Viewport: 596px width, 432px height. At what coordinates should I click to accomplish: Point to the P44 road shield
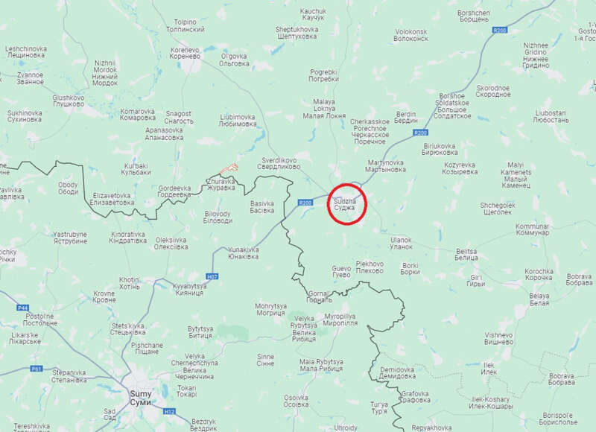click(x=22, y=307)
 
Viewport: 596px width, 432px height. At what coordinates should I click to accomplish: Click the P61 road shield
click(x=37, y=368)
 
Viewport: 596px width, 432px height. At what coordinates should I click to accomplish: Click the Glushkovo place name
click(x=68, y=101)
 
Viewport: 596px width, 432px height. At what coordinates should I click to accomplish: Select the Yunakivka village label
click(x=243, y=252)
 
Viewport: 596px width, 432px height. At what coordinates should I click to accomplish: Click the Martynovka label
click(x=385, y=165)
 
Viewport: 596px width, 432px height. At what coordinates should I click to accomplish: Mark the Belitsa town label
click(x=466, y=255)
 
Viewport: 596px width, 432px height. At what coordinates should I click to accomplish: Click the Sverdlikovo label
click(x=279, y=164)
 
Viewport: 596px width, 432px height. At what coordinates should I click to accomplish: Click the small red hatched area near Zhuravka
click(x=232, y=169)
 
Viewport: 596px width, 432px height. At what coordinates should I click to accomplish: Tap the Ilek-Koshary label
click(x=491, y=402)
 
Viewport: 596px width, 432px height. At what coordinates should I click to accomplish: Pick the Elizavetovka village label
click(x=112, y=199)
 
